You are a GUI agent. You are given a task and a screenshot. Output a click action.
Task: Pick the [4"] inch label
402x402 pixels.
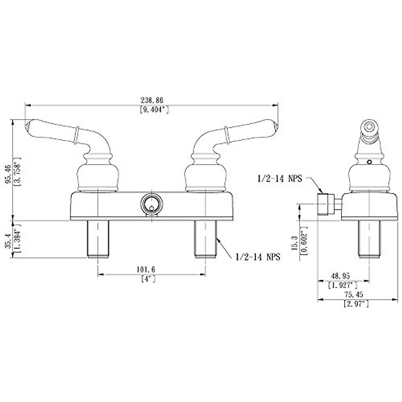point(148,279)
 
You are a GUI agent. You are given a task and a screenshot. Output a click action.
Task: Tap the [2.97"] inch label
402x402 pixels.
point(356,304)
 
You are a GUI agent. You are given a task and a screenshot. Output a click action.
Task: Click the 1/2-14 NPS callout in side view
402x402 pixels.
point(279,179)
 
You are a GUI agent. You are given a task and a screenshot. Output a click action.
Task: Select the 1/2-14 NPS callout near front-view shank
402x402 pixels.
point(258,257)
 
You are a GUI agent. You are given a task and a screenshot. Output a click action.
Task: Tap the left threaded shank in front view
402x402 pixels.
point(98,239)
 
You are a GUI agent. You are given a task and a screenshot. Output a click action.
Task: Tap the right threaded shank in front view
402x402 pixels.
point(205,239)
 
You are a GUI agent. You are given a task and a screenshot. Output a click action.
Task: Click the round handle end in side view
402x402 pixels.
point(369,127)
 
